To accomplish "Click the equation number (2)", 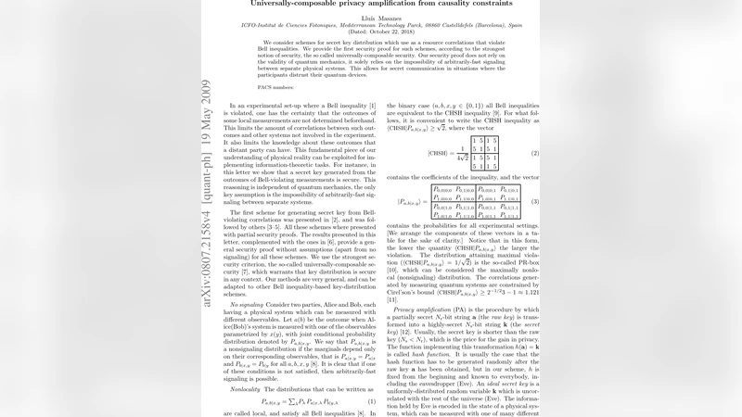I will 535,153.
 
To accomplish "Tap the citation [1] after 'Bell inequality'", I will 371,107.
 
